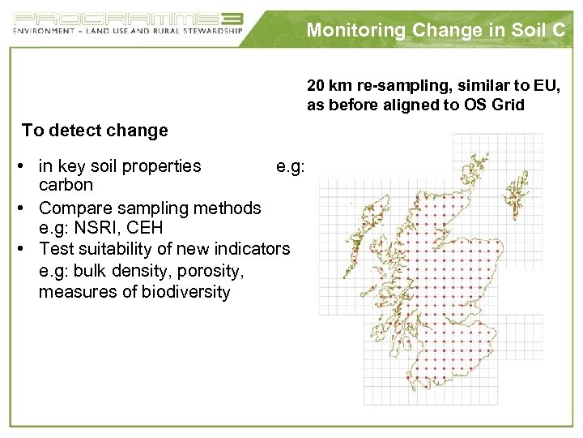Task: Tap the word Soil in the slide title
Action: click(x=522, y=31)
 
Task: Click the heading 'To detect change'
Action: click(x=95, y=131)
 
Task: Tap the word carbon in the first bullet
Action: click(x=66, y=184)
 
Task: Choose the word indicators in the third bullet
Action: click(x=251, y=248)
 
